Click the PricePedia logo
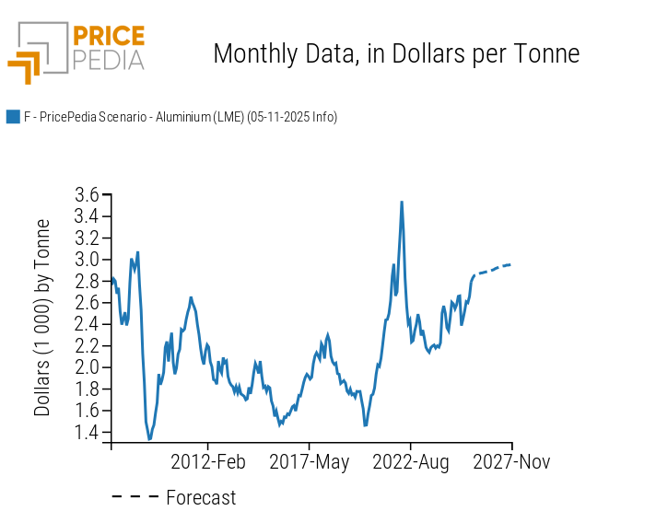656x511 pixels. [x=76, y=52]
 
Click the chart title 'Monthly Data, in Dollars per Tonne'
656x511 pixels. [x=396, y=53]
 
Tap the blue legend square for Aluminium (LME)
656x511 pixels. [x=13, y=117]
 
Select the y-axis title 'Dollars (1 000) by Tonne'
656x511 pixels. [x=42, y=318]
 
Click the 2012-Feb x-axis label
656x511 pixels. [x=208, y=461]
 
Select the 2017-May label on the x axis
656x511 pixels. [x=310, y=461]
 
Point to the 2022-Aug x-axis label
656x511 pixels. [x=412, y=461]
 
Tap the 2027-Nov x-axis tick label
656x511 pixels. [x=511, y=461]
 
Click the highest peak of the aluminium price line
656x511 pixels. [x=401, y=203]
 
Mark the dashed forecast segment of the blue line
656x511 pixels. [x=495, y=268]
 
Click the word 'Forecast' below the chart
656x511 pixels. [x=201, y=498]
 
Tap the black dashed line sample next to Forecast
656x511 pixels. [x=135, y=498]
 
